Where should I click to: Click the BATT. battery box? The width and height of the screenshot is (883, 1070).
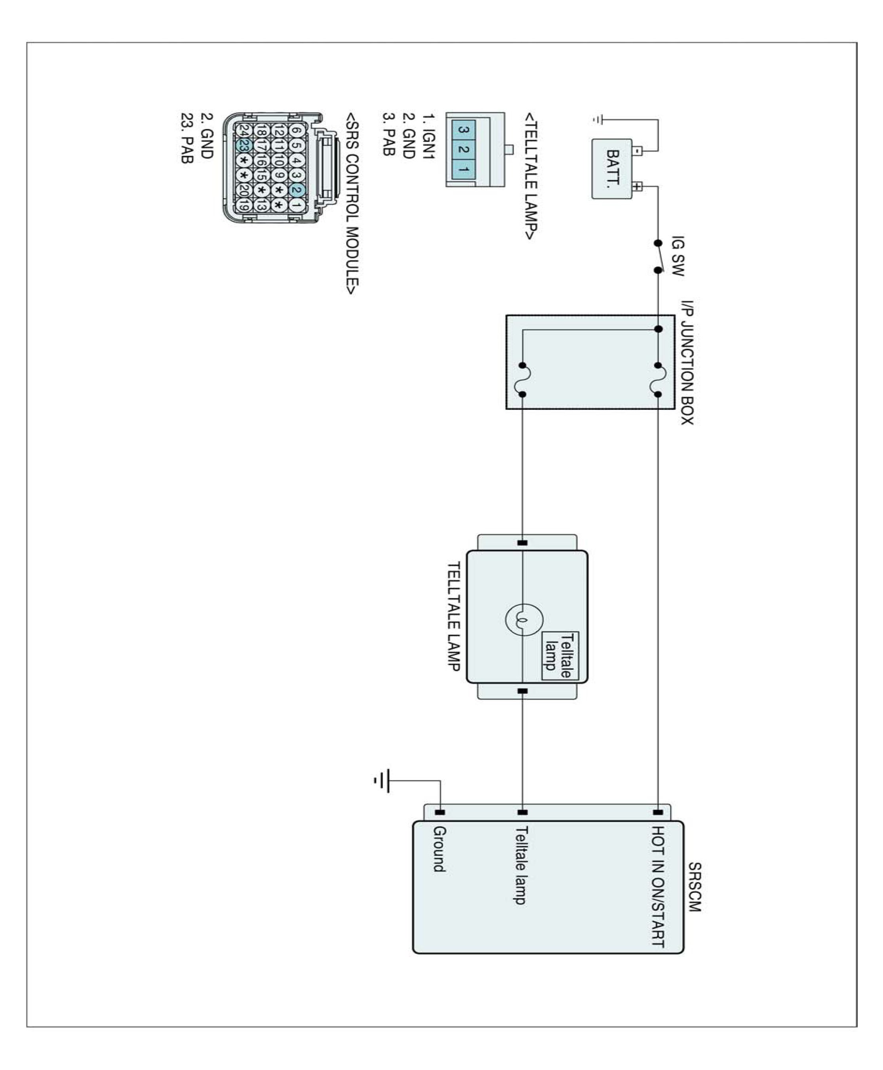tap(612, 168)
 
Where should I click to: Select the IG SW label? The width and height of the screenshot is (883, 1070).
tap(677, 256)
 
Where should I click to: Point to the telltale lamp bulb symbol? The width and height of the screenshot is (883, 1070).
tap(523, 619)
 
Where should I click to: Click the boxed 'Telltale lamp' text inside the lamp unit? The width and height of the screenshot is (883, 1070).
tap(559, 655)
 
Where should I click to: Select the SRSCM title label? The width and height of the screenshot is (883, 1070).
tap(694, 887)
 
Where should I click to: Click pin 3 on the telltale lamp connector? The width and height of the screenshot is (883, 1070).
tap(463, 130)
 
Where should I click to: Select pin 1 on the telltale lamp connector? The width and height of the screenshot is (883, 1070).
tap(463, 168)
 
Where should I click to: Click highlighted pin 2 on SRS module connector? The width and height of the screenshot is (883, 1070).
tap(297, 190)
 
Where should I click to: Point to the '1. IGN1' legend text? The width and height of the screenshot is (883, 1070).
tap(429, 136)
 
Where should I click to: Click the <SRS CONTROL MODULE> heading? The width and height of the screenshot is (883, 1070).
tap(352, 203)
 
